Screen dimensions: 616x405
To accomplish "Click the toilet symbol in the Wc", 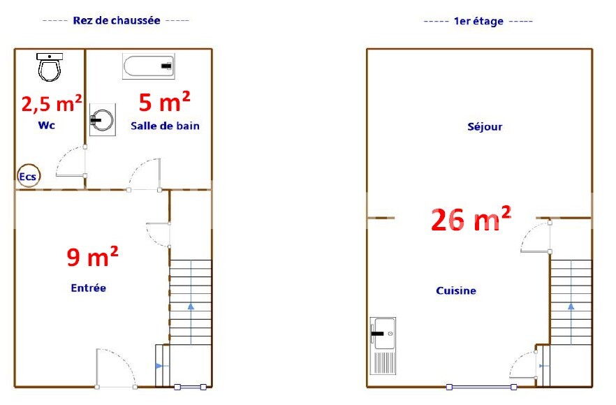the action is [x=50, y=67].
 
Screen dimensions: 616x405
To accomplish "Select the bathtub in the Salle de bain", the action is [x=149, y=66].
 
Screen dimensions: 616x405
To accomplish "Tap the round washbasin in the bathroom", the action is [x=103, y=119].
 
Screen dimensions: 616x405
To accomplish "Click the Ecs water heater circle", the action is [x=29, y=175].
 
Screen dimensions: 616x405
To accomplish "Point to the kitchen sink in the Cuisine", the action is [x=383, y=346].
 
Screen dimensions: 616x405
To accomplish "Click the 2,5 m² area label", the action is [x=52, y=103].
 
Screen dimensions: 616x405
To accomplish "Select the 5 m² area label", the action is [x=165, y=101].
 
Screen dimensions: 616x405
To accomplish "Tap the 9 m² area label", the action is [x=92, y=256].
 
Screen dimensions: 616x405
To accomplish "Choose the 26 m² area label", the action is [x=471, y=219].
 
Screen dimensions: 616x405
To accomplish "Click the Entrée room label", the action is [x=89, y=288].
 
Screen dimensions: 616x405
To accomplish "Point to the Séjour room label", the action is [x=485, y=126].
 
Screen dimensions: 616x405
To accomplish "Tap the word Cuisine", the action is [x=456, y=290].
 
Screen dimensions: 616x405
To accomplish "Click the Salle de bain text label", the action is [x=165, y=126].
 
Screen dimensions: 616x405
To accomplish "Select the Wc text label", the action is [x=46, y=125].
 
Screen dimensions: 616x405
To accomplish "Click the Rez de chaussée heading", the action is [x=117, y=20].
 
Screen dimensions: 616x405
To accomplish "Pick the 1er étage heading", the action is [x=478, y=21].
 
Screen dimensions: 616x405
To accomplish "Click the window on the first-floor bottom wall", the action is [x=481, y=387].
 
